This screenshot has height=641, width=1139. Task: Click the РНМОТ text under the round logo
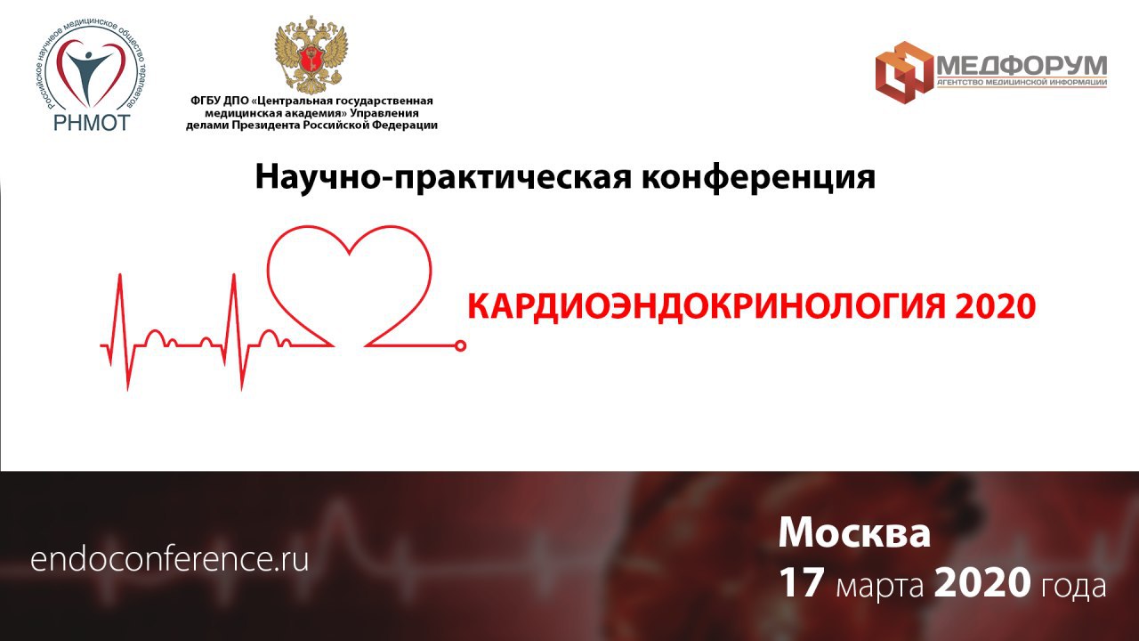click(92, 122)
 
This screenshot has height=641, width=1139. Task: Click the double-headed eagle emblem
click(311, 55)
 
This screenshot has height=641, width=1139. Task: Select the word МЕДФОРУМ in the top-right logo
click(1022, 66)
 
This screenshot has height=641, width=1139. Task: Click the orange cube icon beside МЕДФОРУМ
click(904, 73)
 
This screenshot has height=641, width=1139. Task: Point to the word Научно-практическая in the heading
click(443, 177)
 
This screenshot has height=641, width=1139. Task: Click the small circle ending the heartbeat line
click(460, 346)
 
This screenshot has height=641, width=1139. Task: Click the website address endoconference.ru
click(169, 560)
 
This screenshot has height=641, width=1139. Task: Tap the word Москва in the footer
click(854, 533)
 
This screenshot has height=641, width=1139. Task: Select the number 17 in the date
click(801, 583)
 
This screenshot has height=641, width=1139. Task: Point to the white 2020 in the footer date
click(982, 583)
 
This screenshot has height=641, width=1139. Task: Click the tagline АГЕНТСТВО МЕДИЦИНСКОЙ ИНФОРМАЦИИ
click(1022, 83)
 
